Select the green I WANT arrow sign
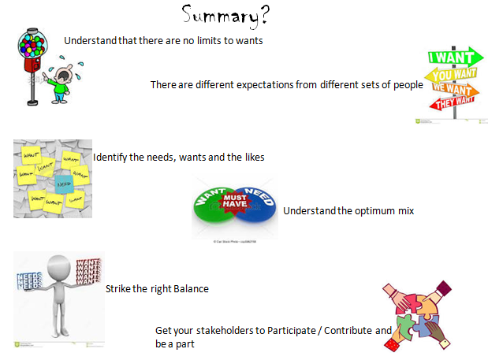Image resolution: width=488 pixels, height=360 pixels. coord(454,57)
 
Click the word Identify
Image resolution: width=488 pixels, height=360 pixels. coord(110,158)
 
